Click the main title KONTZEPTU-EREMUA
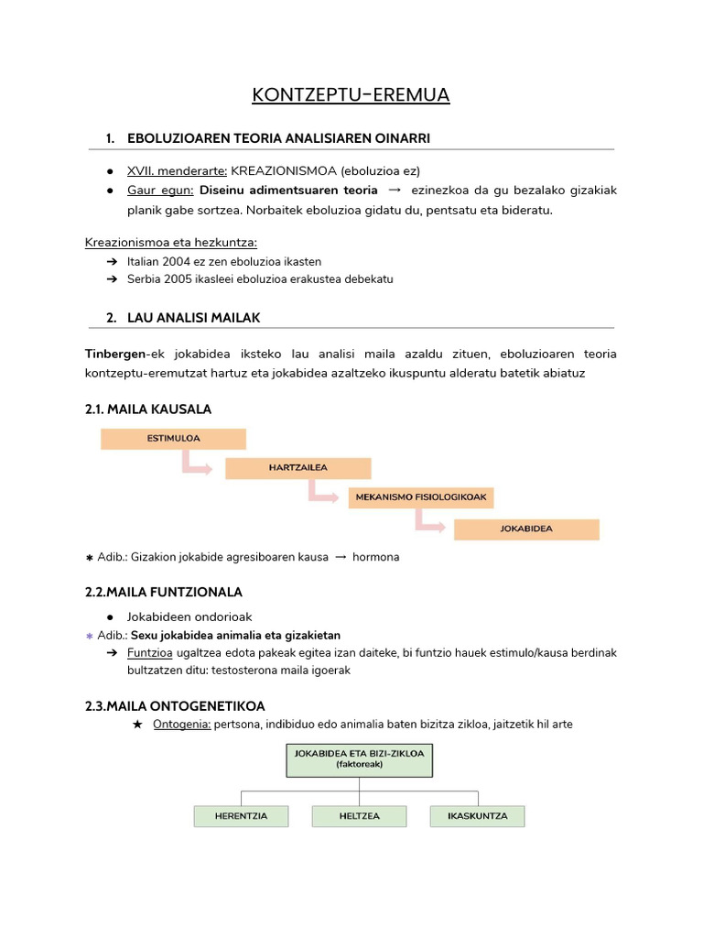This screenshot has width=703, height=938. coord(351,96)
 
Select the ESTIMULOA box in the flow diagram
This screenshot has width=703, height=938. coord(173,439)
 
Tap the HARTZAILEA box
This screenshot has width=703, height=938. coord(297,468)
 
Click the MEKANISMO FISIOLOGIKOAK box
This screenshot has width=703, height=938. coord(421,498)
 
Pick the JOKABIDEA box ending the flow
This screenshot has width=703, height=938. coord(526,529)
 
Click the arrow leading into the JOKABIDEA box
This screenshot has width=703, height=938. coord(430,523)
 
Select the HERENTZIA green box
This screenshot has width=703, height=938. coord(241,816)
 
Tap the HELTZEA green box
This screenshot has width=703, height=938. coord(359,816)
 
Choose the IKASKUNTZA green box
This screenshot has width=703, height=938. coord(477,816)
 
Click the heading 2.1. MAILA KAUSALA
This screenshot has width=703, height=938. coord(148,409)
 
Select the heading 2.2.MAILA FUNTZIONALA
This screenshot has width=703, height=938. coord(163,592)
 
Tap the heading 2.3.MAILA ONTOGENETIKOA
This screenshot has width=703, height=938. coord(175,705)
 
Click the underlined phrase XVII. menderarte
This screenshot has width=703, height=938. coord(177,170)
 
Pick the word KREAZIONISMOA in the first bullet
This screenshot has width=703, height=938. coord(284,170)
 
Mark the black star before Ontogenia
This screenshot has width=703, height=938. coord(137,725)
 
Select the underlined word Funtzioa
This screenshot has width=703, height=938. coord(150,653)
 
